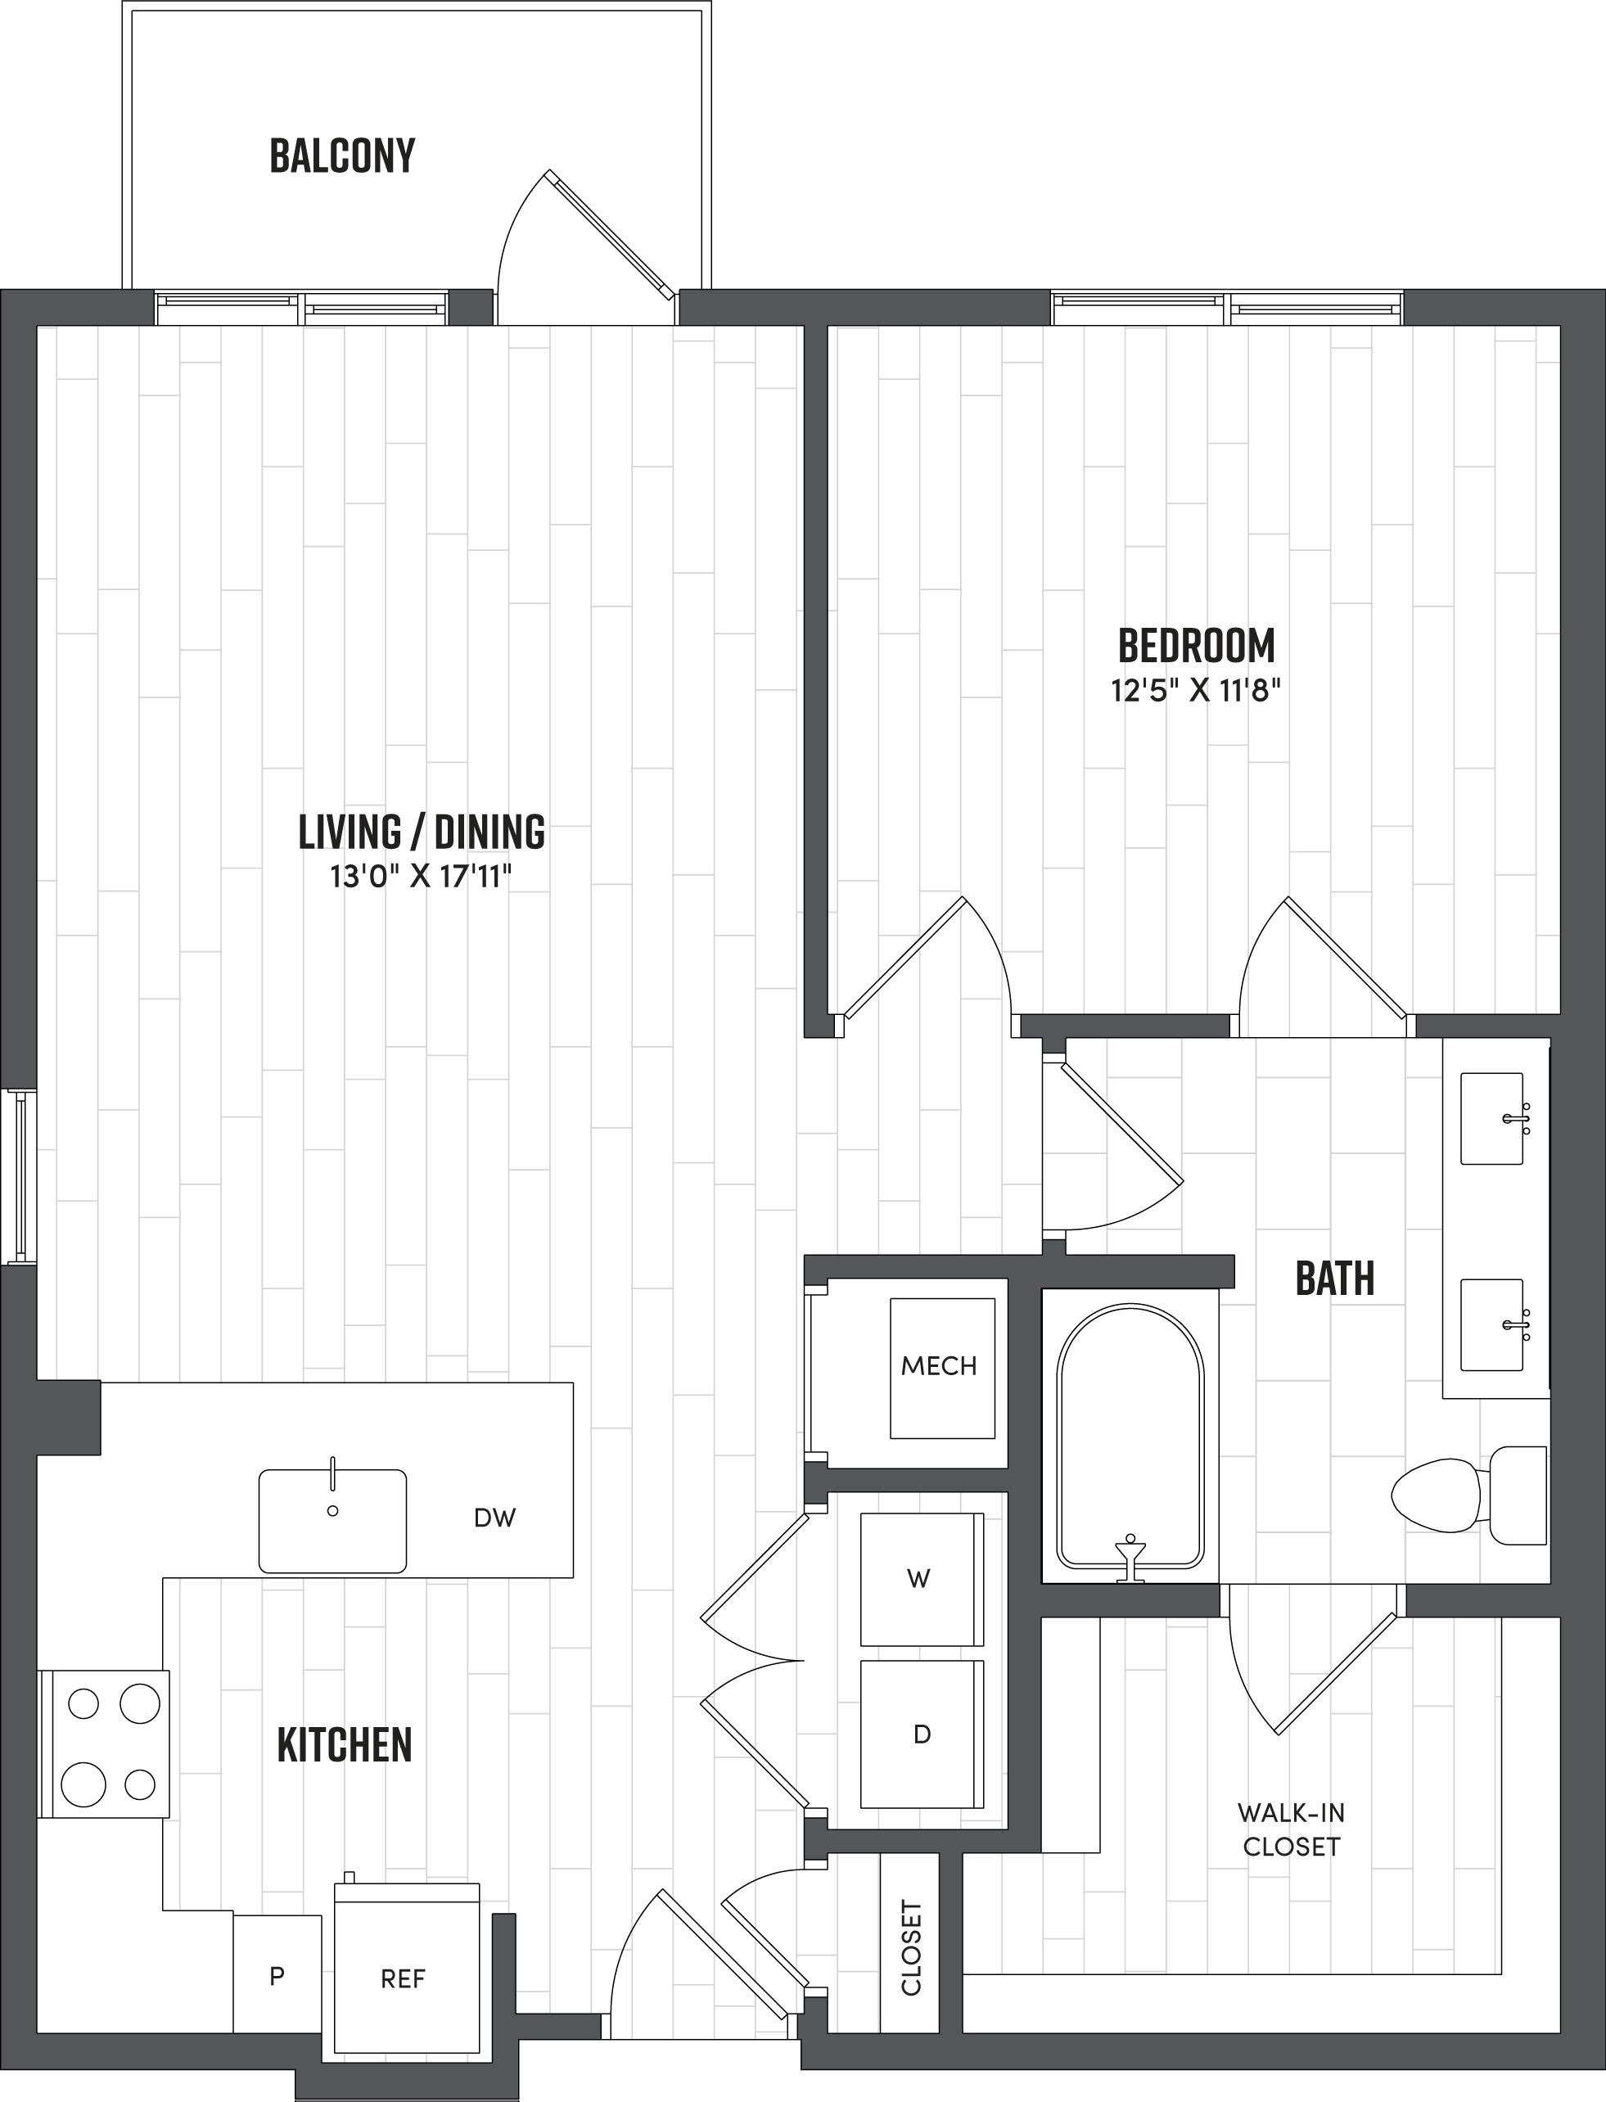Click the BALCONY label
[342, 156]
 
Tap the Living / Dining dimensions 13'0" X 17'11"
[422, 877]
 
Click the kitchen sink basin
[332, 1521]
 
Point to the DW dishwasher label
[494, 1518]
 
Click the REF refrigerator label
[403, 1980]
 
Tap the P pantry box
[277, 1976]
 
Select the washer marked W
[921, 1579]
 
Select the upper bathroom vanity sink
[1491, 1117]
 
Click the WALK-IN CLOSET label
[1291, 1829]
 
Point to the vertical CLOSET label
[911, 1948]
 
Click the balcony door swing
[574, 244]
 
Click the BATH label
[1334, 1278]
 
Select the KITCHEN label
[344, 1744]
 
